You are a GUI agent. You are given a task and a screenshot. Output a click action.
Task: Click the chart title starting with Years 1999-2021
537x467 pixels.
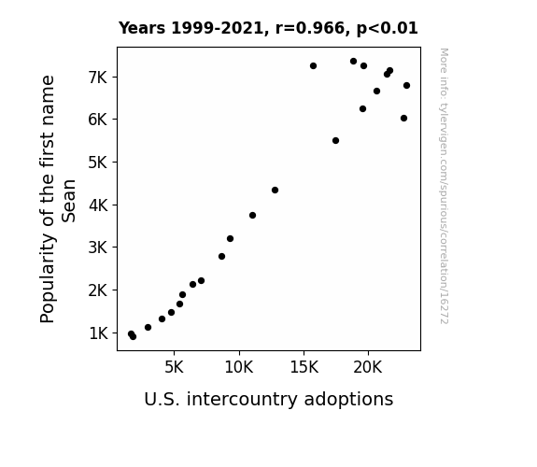point(268,28)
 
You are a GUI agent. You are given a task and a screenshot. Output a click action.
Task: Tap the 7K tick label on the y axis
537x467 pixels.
point(98,78)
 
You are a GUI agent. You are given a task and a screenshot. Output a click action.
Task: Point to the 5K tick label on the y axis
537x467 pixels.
point(98,163)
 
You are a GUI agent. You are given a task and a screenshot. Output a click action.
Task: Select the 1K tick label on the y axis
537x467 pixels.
point(98,333)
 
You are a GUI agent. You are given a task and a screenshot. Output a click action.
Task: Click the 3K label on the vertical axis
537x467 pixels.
point(98,248)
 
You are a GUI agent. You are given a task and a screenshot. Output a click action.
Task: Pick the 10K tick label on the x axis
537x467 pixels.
point(239,368)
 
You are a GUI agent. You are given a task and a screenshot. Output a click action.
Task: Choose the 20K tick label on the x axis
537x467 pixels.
point(367,368)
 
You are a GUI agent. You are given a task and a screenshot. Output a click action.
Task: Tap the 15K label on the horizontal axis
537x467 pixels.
point(304,368)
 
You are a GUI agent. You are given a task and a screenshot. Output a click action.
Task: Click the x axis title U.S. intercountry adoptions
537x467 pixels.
point(269,400)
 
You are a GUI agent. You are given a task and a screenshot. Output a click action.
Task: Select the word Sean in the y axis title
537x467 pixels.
point(68,201)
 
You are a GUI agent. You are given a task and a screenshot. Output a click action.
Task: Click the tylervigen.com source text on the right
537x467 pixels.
point(444,186)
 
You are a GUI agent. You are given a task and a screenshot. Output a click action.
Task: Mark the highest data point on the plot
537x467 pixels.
point(353,62)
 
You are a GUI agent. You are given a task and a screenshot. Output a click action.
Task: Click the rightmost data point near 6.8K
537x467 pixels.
point(406,85)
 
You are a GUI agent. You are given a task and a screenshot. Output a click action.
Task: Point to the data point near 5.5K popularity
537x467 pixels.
point(335,140)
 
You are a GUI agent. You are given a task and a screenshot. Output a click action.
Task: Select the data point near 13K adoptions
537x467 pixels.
point(275,190)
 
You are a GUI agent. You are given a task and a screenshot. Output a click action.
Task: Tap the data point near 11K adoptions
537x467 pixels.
point(252,215)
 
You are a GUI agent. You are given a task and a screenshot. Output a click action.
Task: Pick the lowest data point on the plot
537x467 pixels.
point(133,337)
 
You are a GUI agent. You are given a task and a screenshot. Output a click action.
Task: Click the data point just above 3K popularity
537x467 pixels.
point(230,238)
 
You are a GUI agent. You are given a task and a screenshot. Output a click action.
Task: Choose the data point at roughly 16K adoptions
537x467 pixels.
point(313,65)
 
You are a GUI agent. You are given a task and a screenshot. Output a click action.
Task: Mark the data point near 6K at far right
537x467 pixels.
point(403,119)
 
